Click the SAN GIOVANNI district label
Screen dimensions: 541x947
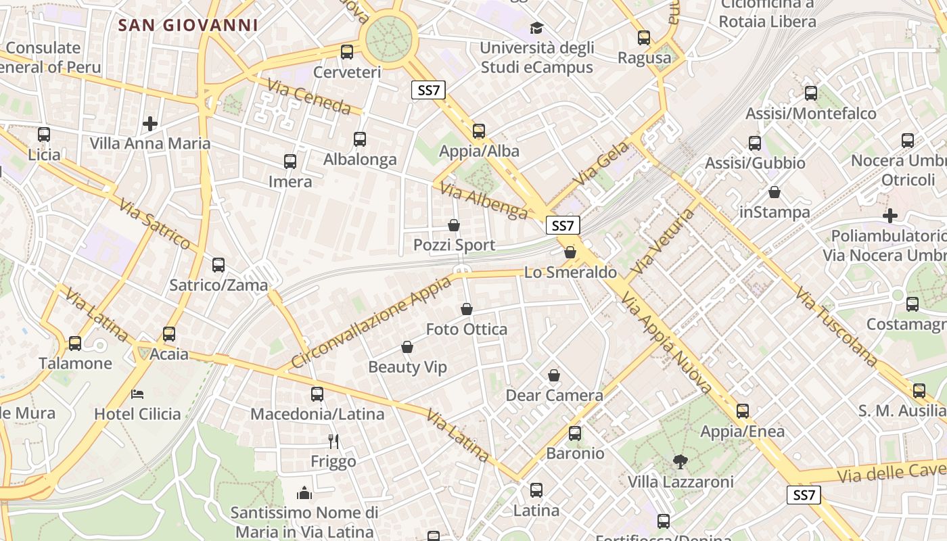(188, 26)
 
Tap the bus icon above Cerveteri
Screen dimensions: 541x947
(347, 51)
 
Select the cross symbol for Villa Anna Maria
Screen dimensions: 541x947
(150, 124)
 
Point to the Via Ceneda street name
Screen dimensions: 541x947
(309, 97)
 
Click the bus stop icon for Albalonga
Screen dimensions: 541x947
(360, 139)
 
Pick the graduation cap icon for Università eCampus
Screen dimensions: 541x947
(536, 28)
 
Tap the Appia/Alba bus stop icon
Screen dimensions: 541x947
(479, 131)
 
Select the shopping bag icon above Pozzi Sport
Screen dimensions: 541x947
(454, 225)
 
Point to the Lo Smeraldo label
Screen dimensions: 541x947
(571, 273)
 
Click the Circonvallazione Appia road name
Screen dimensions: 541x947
(371, 323)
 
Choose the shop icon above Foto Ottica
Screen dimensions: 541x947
(467, 310)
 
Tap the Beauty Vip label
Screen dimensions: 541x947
(408, 367)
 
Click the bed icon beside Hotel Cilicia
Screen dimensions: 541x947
(138, 394)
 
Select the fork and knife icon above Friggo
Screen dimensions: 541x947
(333, 442)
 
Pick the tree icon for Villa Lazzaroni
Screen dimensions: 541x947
(680, 462)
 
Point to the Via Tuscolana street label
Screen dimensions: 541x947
(836, 327)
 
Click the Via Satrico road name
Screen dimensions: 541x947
(155, 224)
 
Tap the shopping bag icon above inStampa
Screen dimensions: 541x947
(775, 193)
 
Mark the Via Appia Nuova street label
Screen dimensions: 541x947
(667, 344)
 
